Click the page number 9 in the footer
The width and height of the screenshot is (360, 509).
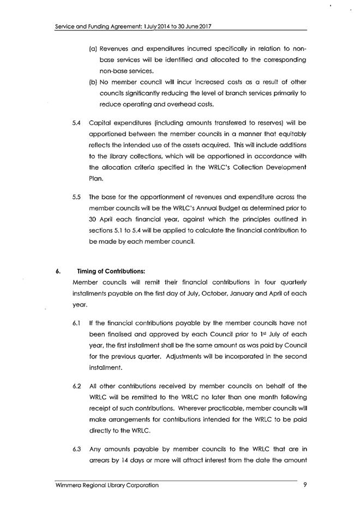(x=304, y=485)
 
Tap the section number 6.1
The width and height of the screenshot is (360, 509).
(x=76, y=323)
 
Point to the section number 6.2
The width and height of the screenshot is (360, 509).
(x=76, y=386)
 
